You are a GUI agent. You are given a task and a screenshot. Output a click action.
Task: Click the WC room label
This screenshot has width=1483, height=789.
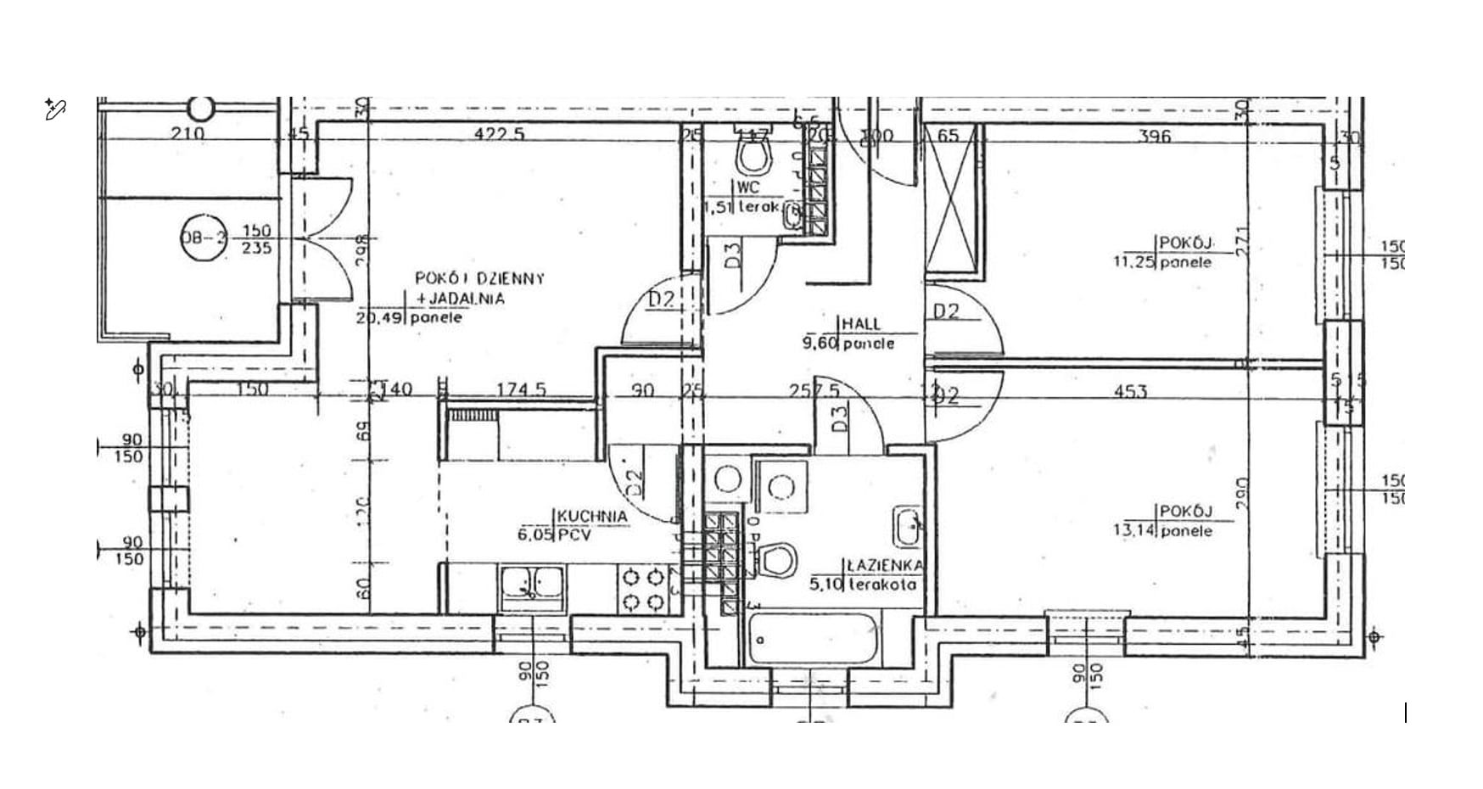(x=748, y=187)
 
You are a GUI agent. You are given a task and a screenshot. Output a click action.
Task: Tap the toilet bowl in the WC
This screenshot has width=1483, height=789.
(x=753, y=155)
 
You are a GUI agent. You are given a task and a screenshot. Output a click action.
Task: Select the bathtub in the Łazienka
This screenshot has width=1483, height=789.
(x=814, y=640)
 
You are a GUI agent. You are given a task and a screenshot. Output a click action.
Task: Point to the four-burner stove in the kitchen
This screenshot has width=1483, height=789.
(x=642, y=590)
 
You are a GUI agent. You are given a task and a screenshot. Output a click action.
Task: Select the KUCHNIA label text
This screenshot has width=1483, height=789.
(x=593, y=517)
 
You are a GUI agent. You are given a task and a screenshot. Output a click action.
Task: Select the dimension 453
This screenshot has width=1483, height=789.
(x=1129, y=391)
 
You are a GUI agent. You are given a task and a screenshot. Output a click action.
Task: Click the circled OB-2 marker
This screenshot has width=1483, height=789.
(x=204, y=238)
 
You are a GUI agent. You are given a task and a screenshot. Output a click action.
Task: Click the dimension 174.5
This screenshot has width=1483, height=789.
(x=521, y=390)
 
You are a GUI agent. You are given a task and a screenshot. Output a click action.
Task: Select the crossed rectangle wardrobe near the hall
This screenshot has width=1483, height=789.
(x=955, y=200)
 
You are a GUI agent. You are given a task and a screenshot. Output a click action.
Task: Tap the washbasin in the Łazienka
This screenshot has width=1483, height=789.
(x=908, y=528)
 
